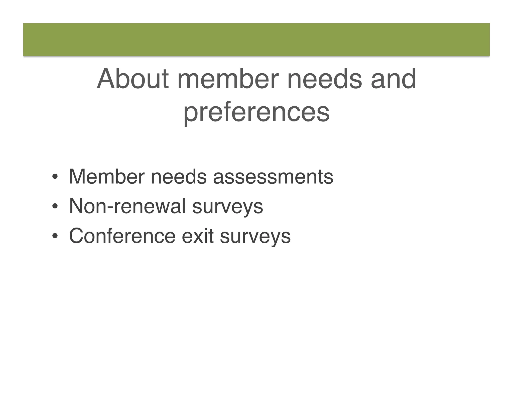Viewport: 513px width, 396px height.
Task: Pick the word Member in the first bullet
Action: click(x=107, y=177)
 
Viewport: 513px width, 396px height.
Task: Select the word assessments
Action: click(x=273, y=177)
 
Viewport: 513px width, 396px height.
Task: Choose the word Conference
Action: click(x=122, y=236)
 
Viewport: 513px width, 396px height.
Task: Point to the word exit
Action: click(x=198, y=236)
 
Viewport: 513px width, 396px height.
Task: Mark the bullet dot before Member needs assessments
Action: click(x=55, y=177)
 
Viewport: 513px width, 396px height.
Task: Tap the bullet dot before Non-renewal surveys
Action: click(x=55, y=207)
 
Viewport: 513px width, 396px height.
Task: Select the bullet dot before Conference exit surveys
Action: click(x=55, y=236)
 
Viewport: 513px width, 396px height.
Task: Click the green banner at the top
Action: click(x=256, y=40)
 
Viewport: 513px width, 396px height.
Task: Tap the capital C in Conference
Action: click(x=77, y=236)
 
